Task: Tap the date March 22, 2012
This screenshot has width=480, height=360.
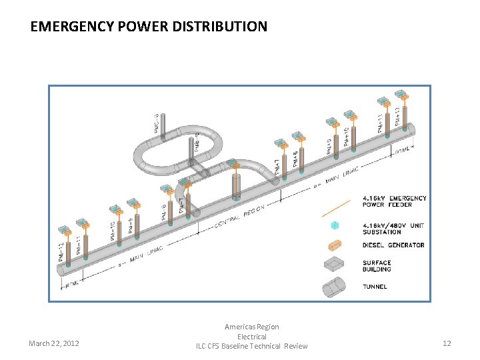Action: [x=54, y=343]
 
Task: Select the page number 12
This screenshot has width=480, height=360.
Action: [x=447, y=343]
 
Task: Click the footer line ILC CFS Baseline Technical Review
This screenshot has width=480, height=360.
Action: [x=252, y=346]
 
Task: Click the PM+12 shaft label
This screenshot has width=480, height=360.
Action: [x=397, y=117]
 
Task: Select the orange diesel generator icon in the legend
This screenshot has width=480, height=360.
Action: [x=335, y=245]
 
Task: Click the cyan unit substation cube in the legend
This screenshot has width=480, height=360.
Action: [x=335, y=226]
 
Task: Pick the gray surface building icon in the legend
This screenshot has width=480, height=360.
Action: [x=335, y=265]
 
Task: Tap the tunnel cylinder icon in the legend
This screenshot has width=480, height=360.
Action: [x=335, y=287]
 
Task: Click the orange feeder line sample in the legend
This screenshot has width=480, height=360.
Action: [x=336, y=207]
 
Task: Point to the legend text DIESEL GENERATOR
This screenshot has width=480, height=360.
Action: [x=393, y=245]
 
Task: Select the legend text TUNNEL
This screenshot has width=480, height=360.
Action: [x=375, y=287]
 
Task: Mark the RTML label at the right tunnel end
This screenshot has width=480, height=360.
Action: [x=403, y=151]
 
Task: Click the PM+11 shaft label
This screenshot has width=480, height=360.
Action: [x=381, y=124]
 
